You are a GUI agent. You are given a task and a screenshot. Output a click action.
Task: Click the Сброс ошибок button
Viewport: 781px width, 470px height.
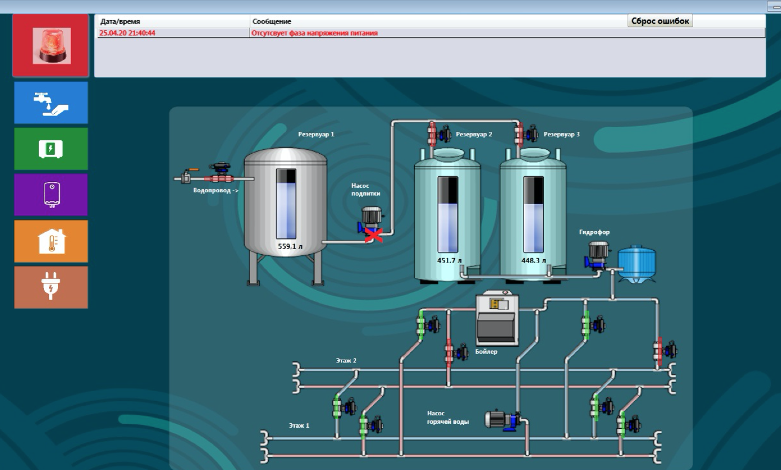(660, 21)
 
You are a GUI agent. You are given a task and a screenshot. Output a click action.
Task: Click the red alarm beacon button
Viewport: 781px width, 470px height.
(51, 46)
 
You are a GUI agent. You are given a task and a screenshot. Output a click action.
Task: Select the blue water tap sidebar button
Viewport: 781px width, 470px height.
(51, 102)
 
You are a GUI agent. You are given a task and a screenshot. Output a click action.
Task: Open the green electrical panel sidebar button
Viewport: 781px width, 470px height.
(51, 149)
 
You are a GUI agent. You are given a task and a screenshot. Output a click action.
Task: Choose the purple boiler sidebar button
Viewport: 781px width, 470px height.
(51, 194)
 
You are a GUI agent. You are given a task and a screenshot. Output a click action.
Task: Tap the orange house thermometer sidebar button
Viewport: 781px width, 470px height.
(51, 241)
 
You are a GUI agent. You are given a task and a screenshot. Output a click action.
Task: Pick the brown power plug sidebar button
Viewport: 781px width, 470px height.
(51, 287)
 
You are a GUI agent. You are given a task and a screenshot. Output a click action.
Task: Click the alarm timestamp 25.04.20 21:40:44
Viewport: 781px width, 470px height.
(127, 33)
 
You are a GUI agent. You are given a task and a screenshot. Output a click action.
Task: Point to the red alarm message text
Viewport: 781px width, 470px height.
(314, 33)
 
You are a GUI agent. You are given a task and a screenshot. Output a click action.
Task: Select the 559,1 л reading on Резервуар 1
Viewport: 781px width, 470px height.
(290, 246)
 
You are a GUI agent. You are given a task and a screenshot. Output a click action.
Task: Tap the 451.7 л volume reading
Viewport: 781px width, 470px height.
(449, 260)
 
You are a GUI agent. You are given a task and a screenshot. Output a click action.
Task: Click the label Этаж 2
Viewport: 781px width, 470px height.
(346, 360)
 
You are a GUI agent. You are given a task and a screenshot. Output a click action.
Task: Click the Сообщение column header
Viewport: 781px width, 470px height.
(272, 21)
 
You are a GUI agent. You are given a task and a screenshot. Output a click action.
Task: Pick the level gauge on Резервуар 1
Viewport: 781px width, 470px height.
(286, 203)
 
